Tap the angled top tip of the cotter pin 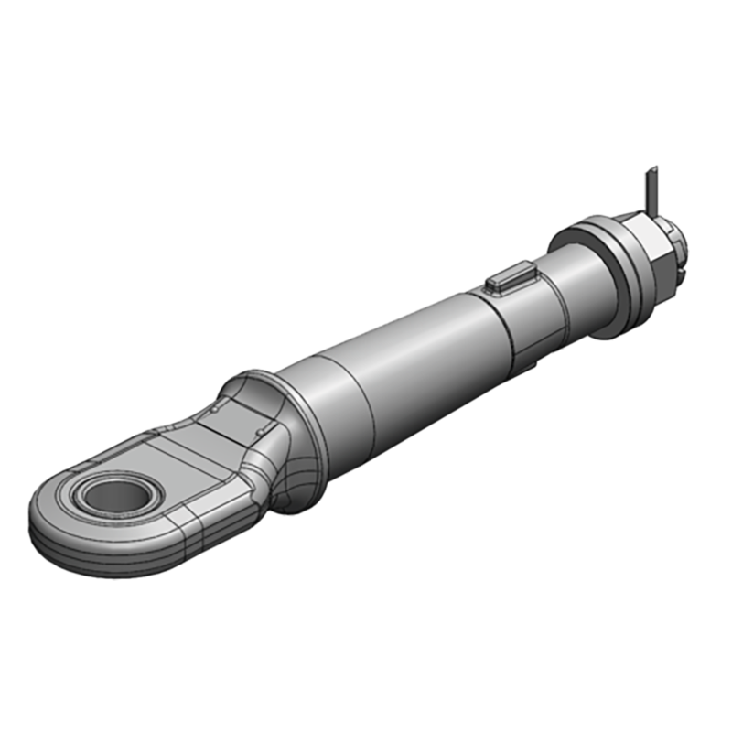tap(652, 170)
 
